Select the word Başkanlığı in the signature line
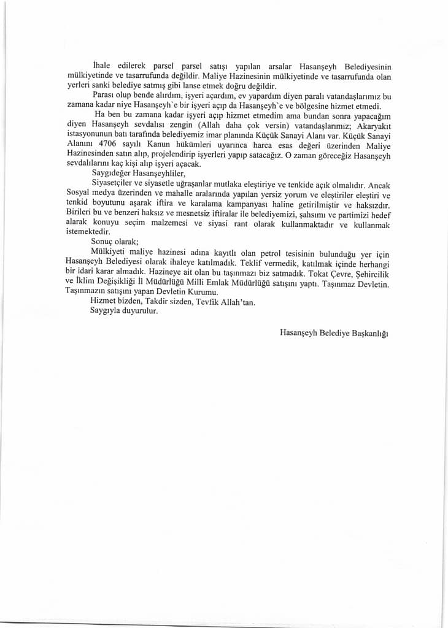[x=370, y=332]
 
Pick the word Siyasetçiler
[x=114, y=183]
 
